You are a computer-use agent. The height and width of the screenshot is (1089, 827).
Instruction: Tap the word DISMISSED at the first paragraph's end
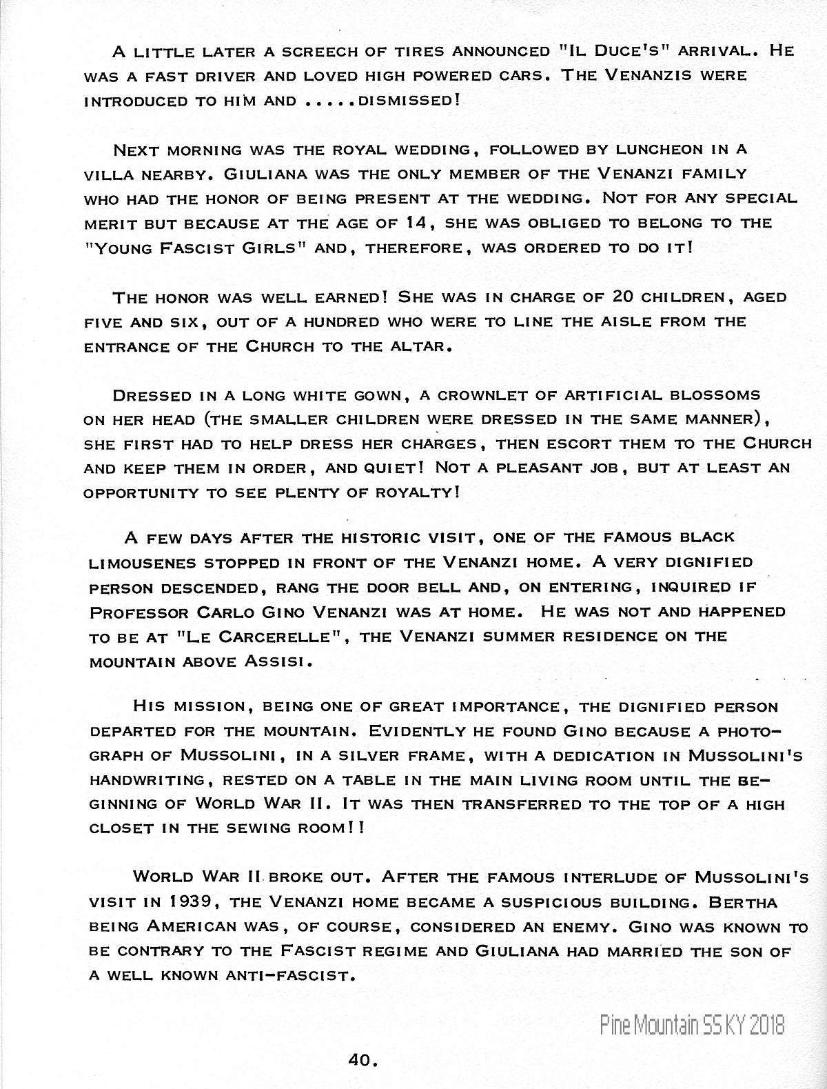[x=409, y=101]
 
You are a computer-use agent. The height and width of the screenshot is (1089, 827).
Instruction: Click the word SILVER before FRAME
[x=364, y=756]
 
